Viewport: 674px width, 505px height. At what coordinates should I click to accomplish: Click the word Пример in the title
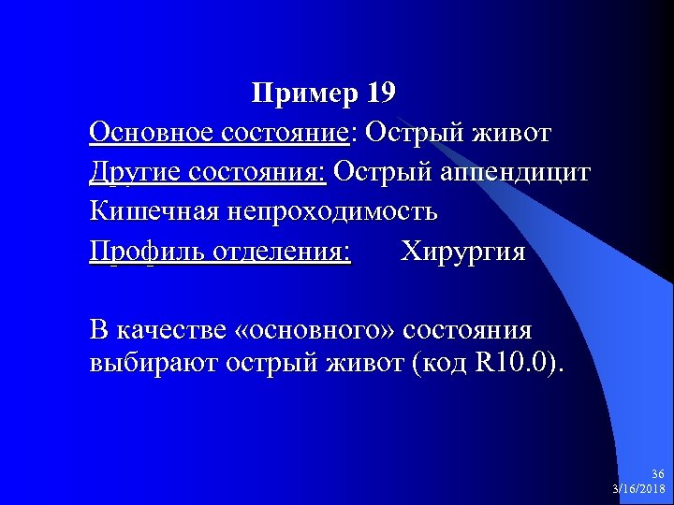coord(304,94)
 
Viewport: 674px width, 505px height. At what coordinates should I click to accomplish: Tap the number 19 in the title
coord(383,94)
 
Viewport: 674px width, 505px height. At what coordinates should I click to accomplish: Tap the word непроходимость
coord(329,212)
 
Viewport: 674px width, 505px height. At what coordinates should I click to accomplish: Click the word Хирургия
coord(463,252)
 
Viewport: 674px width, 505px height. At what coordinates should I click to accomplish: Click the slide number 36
coord(658,475)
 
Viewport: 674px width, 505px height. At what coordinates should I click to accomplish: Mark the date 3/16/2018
coord(638,489)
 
